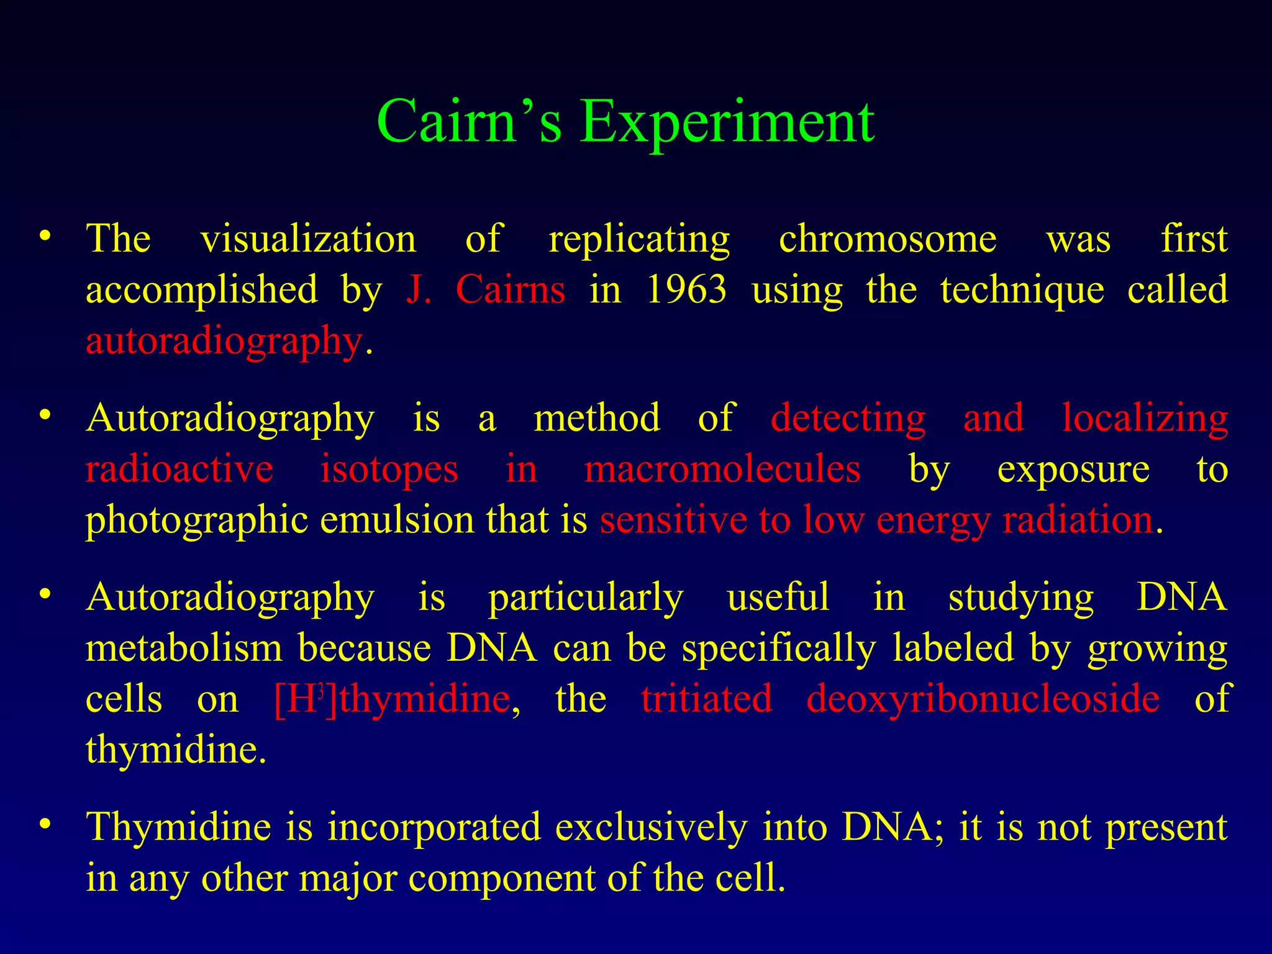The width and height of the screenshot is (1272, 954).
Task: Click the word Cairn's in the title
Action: [x=470, y=121]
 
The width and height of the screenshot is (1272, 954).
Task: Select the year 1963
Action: [x=686, y=289]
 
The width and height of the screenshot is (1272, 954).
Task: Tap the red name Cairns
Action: [x=510, y=289]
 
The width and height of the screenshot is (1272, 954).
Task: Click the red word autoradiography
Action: [x=224, y=342]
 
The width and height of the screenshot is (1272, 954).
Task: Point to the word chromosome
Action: [x=888, y=239]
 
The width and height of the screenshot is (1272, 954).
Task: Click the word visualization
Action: [x=308, y=239]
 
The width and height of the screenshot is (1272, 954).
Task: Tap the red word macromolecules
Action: [x=722, y=469]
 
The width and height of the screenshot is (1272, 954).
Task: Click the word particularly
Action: [x=586, y=597]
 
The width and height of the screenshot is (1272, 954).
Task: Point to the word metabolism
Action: [x=184, y=648]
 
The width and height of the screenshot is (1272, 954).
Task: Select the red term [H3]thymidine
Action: [x=392, y=699]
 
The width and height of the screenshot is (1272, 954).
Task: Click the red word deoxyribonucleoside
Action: [x=983, y=699]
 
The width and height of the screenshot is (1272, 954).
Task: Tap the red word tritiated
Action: [x=707, y=699]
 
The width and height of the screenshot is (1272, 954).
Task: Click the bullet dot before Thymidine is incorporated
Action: [x=44, y=825]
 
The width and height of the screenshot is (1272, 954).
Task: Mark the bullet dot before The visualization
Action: [x=44, y=237]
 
